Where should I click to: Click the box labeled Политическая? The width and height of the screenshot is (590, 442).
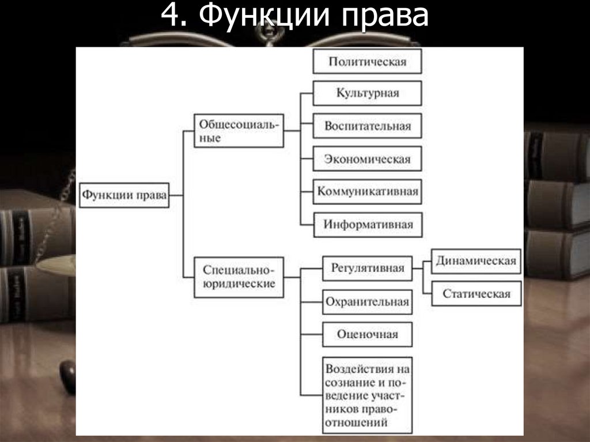click(x=367, y=62)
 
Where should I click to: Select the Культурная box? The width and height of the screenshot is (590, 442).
click(x=367, y=93)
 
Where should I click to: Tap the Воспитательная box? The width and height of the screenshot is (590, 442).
click(x=367, y=126)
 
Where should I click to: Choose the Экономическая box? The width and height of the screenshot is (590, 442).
click(x=367, y=158)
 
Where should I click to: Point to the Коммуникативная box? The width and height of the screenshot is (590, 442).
click(x=367, y=191)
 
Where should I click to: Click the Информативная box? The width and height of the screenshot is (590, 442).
click(x=368, y=224)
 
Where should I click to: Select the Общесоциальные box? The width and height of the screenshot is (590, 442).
click(x=239, y=131)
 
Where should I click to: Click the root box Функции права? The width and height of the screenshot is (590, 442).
click(x=124, y=195)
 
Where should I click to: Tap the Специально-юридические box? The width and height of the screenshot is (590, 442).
click(x=239, y=277)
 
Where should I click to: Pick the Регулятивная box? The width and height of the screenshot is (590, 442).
click(x=367, y=268)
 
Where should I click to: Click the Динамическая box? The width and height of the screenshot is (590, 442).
click(x=475, y=260)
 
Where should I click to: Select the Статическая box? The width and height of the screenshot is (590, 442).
click(x=476, y=293)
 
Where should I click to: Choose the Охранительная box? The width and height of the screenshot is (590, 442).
click(x=367, y=301)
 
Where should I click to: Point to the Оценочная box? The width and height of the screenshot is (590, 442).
click(x=367, y=334)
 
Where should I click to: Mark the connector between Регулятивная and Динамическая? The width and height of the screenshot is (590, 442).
click(x=422, y=268)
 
